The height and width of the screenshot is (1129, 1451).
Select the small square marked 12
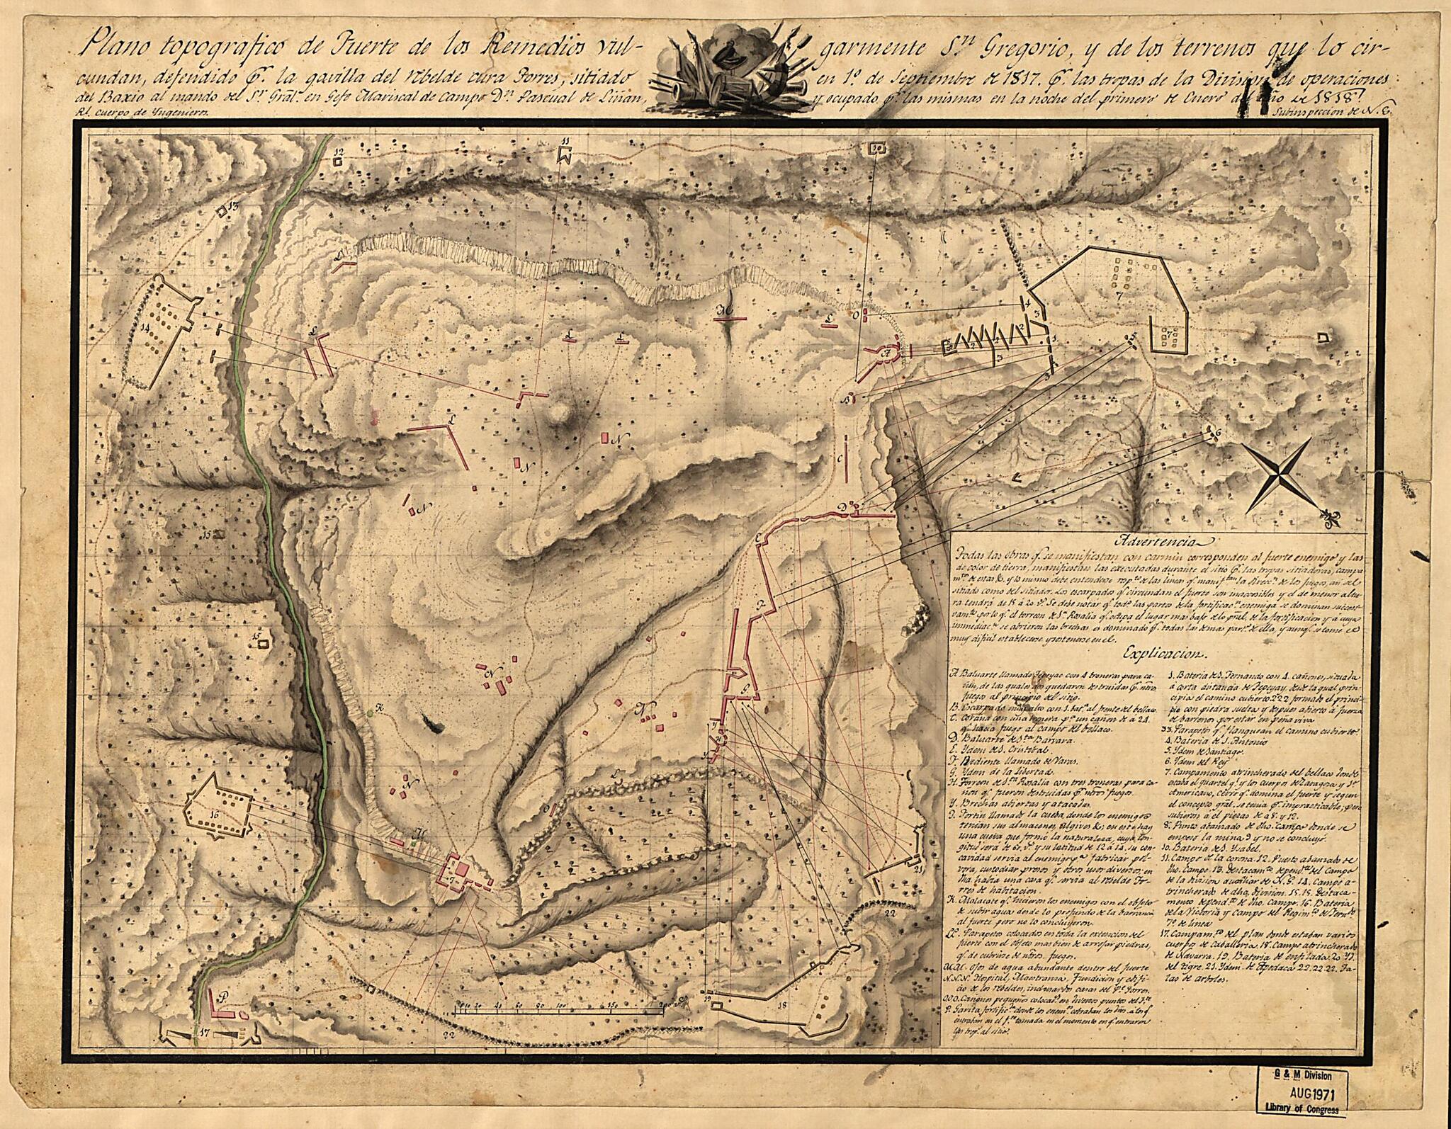pyautogui.click(x=338, y=157)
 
